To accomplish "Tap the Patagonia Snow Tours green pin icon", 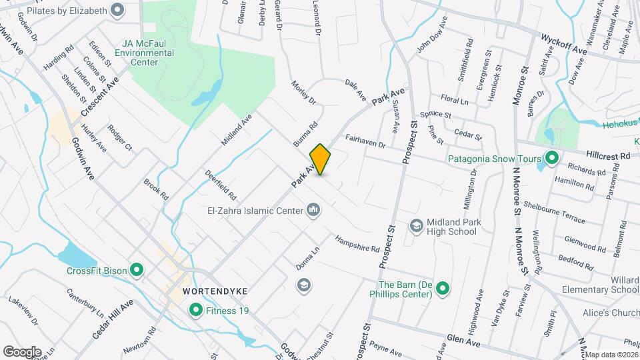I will [x=551, y=159].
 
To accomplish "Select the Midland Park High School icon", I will [x=417, y=225].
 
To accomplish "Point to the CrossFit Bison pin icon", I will [x=137, y=271].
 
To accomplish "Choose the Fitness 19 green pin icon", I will [x=196, y=309].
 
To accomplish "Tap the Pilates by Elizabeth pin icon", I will [x=118, y=10].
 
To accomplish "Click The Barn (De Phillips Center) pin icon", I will [x=442, y=289].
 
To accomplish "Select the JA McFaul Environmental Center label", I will [x=144, y=53].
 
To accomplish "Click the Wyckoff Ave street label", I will [x=564, y=43].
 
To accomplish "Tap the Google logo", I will [x=22, y=351].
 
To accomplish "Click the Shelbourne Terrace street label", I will [x=554, y=212].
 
